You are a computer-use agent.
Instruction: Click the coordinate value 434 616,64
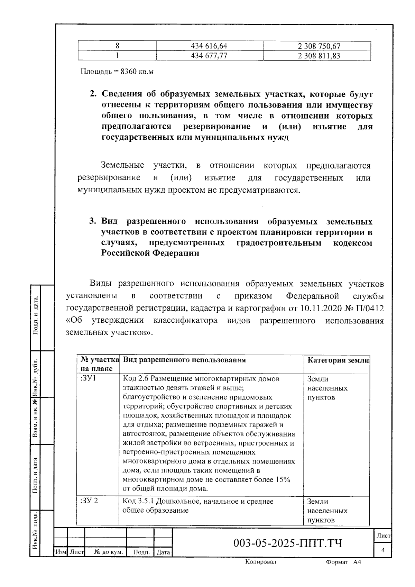pyautogui.click(x=209, y=46)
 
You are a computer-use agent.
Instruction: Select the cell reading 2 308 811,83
pyautogui.click(x=319, y=56)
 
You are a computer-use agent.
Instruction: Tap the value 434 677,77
pyautogui.click(x=209, y=56)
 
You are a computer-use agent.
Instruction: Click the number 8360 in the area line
pyautogui.click(x=128, y=72)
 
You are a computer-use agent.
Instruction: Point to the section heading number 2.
pyautogui.click(x=92, y=94)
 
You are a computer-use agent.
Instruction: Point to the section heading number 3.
pyautogui.click(x=92, y=221)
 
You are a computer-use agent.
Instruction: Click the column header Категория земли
pyautogui.click(x=338, y=360)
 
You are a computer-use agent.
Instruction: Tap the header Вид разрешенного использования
pyautogui.click(x=184, y=360)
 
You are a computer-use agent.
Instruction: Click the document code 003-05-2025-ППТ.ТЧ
pyautogui.click(x=288, y=543)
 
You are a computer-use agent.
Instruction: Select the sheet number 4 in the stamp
pyautogui.click(x=383, y=550)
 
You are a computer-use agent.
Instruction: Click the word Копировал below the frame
pyautogui.click(x=261, y=562)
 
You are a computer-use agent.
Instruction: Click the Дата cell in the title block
pyautogui.click(x=163, y=552)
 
